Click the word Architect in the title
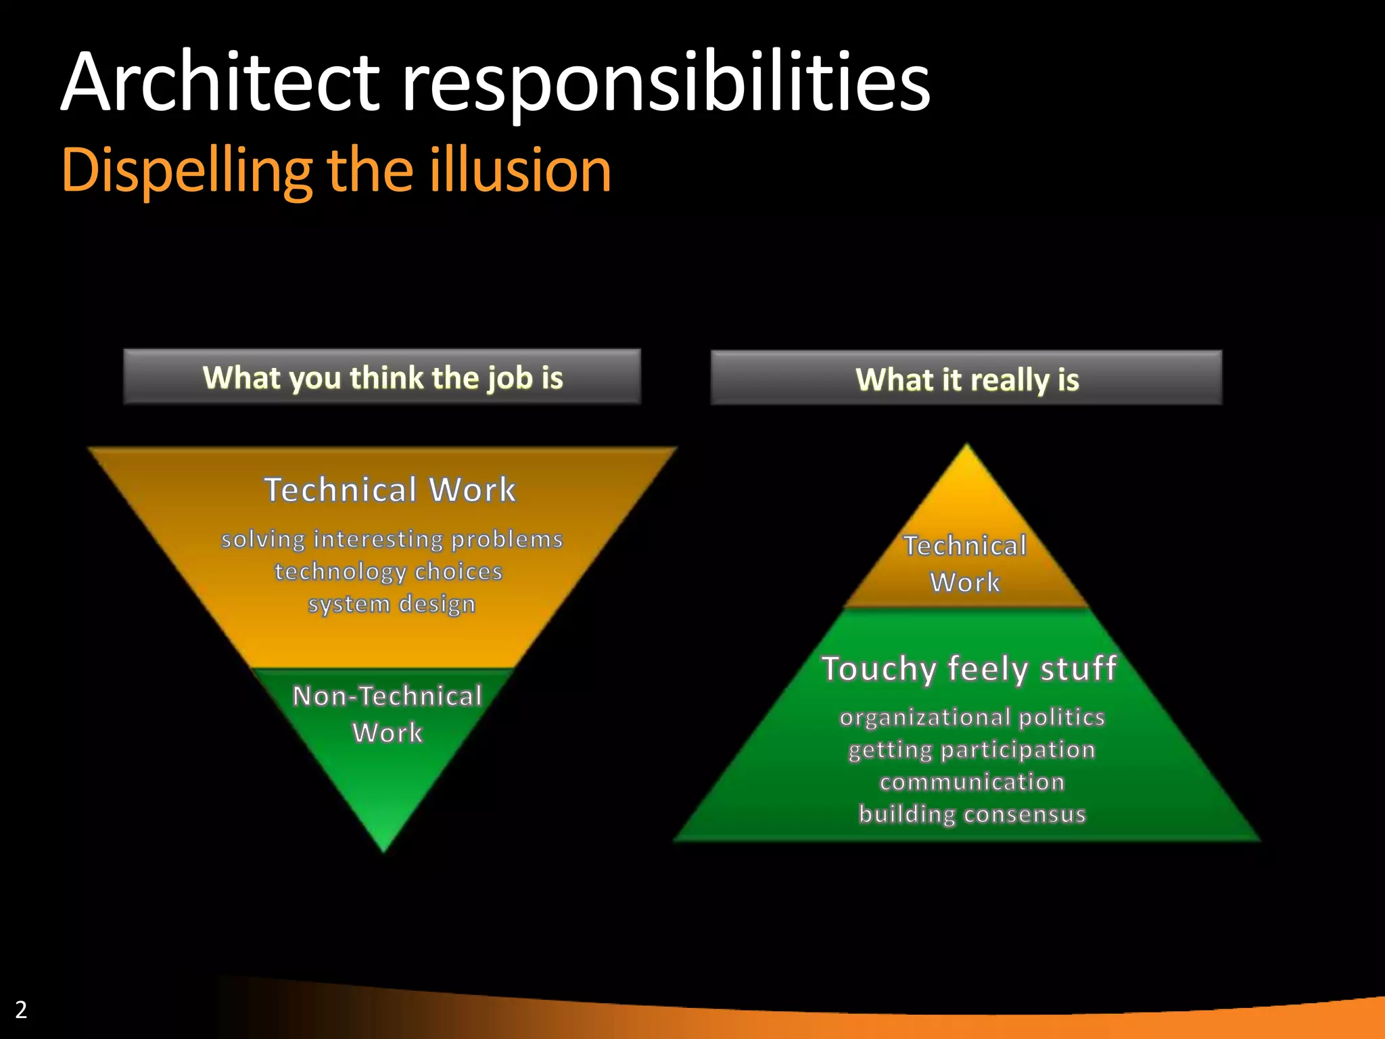(x=220, y=83)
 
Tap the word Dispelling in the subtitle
(x=187, y=171)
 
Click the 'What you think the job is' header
(x=382, y=377)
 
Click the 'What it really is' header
(x=966, y=379)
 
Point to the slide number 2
(x=21, y=1009)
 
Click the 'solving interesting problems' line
(x=392, y=539)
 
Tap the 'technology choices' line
(x=388, y=572)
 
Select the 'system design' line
(x=392, y=603)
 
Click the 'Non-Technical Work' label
(x=388, y=714)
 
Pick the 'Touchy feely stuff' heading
(x=968, y=668)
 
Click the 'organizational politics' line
(x=972, y=717)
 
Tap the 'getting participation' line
(x=972, y=749)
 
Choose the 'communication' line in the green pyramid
(x=972, y=782)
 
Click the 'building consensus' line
(x=972, y=814)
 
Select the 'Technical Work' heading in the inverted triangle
(x=390, y=489)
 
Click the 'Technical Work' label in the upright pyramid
(x=965, y=563)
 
